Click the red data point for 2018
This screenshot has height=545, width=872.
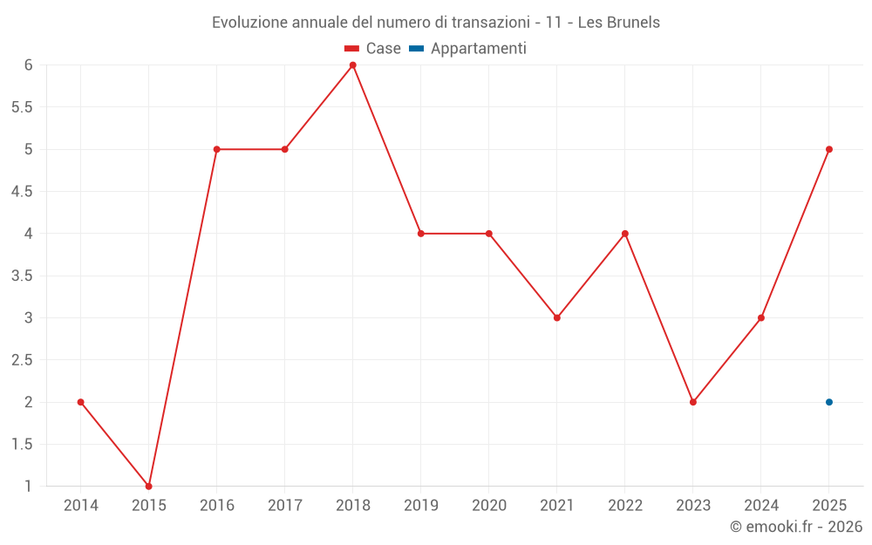352,65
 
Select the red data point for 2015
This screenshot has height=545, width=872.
148,486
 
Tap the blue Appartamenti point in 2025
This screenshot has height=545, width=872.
829,402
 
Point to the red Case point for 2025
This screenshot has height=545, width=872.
829,149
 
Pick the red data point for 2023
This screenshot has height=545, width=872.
693,402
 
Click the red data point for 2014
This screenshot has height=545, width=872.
80,402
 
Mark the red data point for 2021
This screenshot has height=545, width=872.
556,318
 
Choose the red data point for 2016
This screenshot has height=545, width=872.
217,149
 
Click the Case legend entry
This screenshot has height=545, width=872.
372,48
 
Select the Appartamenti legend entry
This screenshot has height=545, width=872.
467,48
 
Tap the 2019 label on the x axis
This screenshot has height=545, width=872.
421,506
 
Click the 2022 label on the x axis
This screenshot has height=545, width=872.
625,506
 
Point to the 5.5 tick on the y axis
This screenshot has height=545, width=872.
22,106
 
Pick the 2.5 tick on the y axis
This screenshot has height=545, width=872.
22,360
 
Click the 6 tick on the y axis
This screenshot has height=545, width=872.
29,65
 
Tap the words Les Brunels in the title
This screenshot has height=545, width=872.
619,23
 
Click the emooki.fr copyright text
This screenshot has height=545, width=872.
796,526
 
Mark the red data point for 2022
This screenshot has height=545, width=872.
625,234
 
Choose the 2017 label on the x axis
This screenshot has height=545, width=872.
285,506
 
